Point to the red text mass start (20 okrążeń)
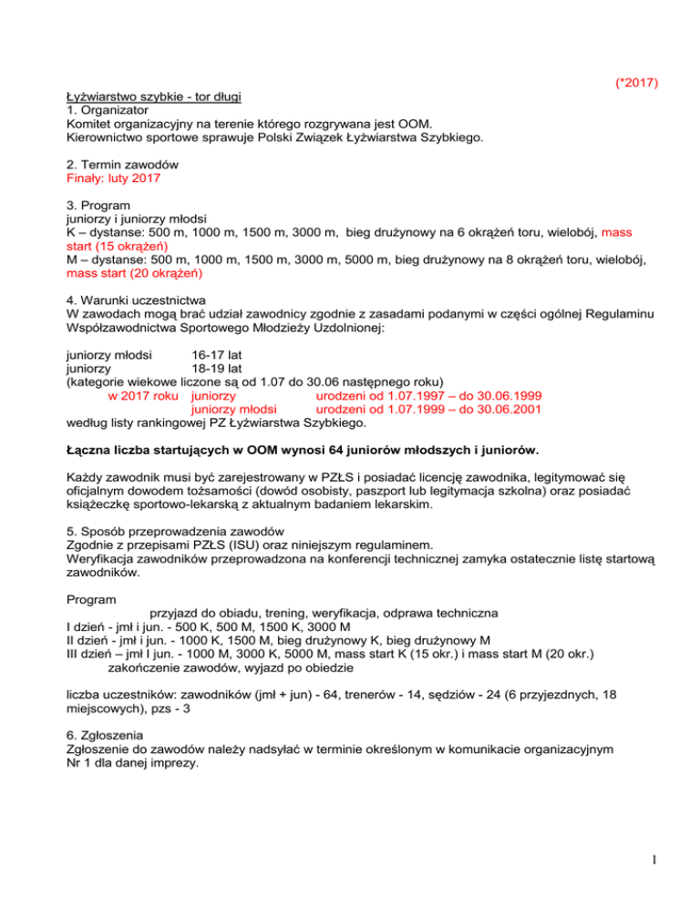tap(135, 272)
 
